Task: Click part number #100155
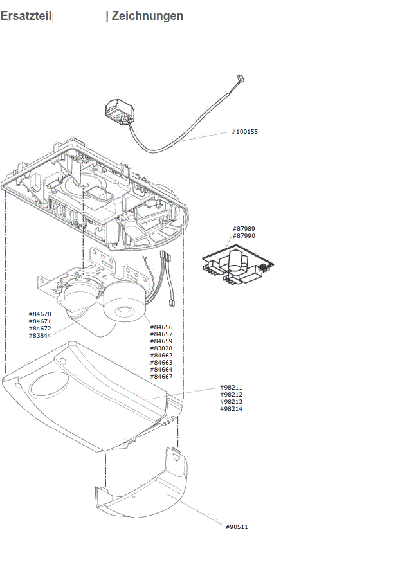coord(244,132)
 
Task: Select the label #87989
coord(244,229)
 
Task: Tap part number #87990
coord(244,236)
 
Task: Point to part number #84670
coord(39,314)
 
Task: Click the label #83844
coord(39,336)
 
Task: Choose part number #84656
coord(161,327)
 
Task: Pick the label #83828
coord(161,348)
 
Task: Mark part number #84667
coord(161,377)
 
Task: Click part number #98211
coord(231,388)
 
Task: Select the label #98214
coord(231,409)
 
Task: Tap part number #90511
coord(237,527)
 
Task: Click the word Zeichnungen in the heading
coord(147,16)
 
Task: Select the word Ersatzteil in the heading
coord(26,16)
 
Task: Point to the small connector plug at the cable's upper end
coord(241,78)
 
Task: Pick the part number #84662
coord(161,355)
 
